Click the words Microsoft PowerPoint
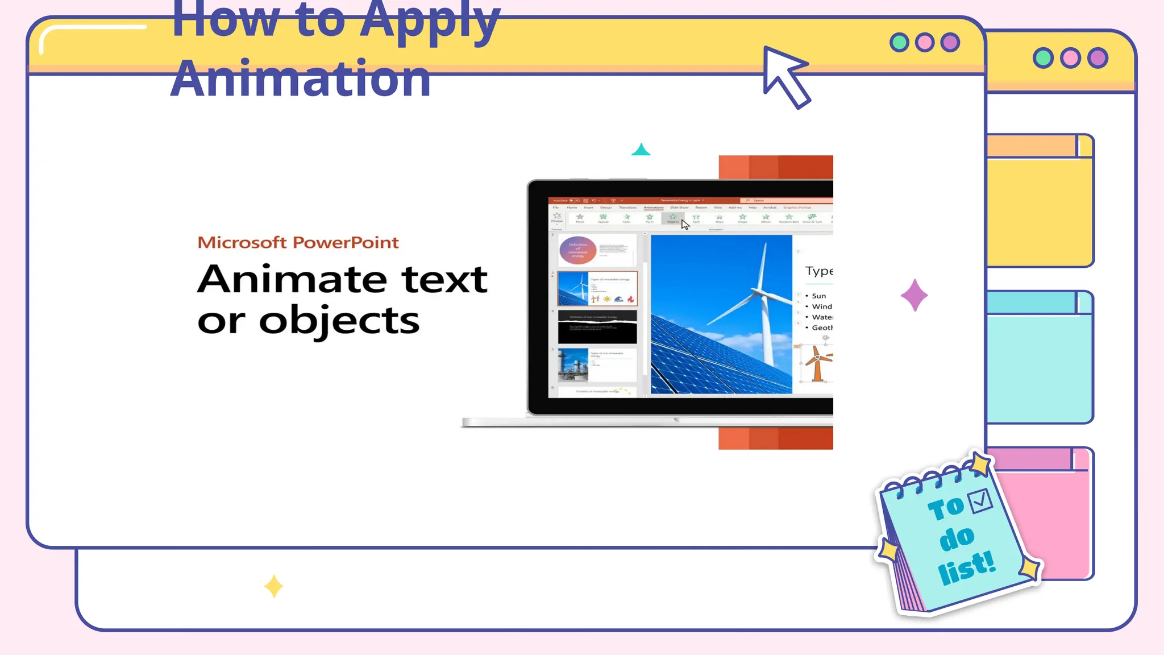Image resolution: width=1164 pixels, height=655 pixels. (298, 243)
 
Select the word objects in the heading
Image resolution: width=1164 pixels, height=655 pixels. (339, 321)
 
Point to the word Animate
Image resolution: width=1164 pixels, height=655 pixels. (293, 279)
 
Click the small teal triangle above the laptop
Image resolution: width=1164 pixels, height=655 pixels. (641, 150)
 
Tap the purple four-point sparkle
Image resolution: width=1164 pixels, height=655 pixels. (914, 295)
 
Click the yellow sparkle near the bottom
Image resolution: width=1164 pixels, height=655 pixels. (273, 586)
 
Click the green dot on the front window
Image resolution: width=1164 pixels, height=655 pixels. (899, 43)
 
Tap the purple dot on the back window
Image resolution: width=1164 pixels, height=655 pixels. (1098, 58)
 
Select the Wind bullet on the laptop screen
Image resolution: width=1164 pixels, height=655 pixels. (821, 306)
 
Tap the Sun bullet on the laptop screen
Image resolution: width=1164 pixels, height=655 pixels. (818, 296)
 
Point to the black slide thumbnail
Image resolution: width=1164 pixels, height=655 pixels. (597, 326)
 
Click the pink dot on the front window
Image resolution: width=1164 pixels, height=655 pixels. (925, 43)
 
